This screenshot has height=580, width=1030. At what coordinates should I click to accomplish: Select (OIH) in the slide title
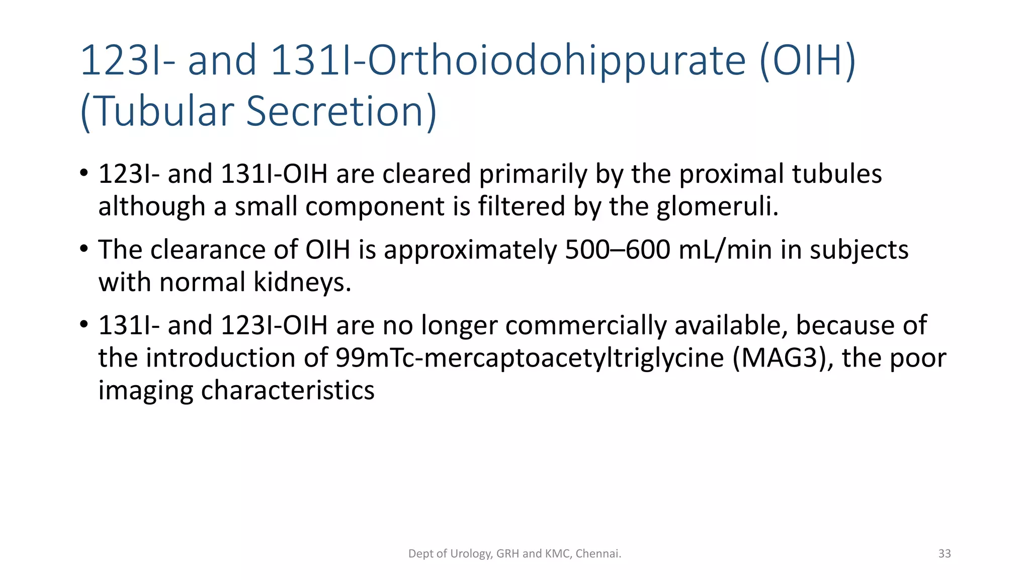coord(807,61)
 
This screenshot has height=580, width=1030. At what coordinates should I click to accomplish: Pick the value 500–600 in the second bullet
coord(617,250)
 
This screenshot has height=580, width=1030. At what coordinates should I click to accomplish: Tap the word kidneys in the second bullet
coord(301,282)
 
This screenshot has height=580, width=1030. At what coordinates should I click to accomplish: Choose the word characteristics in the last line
coord(287,390)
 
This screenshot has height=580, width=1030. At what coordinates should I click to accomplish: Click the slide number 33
coord(945,554)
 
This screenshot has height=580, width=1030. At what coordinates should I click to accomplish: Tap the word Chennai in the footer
coord(598,554)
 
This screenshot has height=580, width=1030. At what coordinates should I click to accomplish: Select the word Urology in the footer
coord(471,554)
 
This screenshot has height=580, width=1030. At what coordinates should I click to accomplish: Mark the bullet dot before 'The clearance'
coord(84,248)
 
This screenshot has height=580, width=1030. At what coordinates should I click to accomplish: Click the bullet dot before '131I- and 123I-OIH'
coord(84,324)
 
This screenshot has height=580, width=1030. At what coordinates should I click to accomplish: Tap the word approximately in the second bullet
coord(470,250)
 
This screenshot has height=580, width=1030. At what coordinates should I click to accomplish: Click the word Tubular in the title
coord(164,111)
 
